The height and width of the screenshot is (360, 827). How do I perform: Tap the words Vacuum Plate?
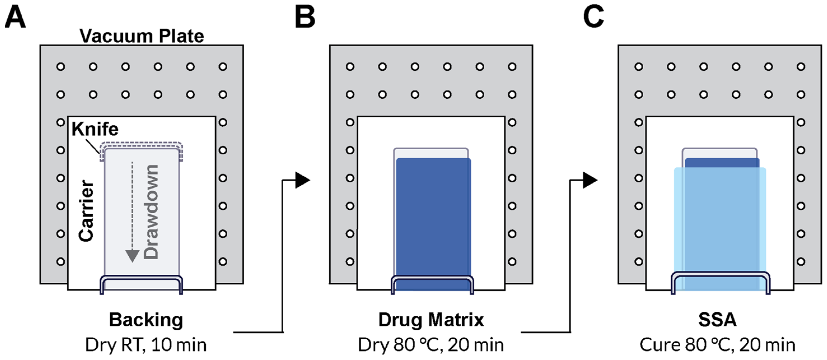(x=142, y=36)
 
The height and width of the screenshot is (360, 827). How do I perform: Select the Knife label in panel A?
(x=95, y=129)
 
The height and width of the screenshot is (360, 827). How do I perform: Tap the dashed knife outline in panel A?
(x=142, y=144)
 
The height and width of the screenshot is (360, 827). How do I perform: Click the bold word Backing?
(x=146, y=320)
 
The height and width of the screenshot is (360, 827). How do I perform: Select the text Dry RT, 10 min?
(x=146, y=345)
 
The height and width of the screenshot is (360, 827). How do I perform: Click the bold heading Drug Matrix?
(x=431, y=320)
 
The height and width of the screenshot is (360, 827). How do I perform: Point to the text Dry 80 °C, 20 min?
(x=431, y=345)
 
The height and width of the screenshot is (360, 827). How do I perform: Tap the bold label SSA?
(x=718, y=320)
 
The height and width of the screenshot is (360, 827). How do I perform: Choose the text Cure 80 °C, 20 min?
(x=718, y=345)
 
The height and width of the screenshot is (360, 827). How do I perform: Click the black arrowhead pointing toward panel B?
(x=302, y=180)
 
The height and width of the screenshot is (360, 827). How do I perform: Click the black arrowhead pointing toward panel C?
(x=589, y=180)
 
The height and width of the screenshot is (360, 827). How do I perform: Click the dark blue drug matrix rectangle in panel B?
(x=433, y=218)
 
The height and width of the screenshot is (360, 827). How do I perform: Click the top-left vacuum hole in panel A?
(x=61, y=67)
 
